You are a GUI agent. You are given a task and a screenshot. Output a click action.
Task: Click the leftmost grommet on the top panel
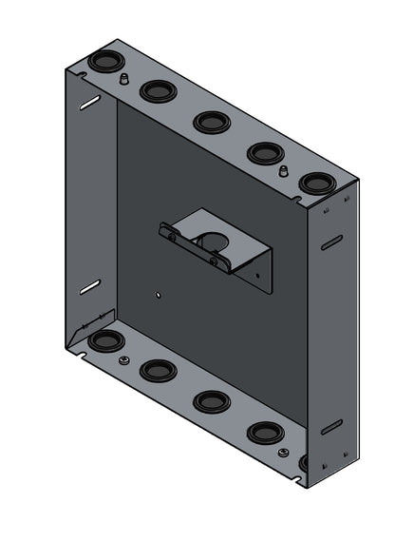click(102, 64)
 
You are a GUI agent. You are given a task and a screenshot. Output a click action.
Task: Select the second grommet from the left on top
click(155, 91)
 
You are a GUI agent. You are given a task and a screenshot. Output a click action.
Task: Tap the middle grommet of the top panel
click(210, 122)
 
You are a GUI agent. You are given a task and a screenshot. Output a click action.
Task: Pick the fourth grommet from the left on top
click(264, 152)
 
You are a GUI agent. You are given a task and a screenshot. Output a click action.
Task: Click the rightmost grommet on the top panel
click(316, 183)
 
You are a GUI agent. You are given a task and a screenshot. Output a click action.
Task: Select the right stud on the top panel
click(282, 170)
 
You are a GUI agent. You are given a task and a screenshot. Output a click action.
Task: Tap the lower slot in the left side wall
click(88, 286)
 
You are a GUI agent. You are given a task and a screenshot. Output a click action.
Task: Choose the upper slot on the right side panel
click(331, 243)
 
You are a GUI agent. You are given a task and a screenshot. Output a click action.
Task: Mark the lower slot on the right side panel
click(331, 427)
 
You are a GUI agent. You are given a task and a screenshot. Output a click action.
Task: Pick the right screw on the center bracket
click(214, 260)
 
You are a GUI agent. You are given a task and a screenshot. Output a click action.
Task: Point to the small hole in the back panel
click(156, 294)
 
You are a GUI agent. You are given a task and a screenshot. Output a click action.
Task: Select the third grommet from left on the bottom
click(211, 401)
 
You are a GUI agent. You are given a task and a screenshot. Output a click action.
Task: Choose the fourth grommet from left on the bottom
click(265, 434)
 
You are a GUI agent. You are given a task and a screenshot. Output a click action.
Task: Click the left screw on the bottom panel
click(123, 359)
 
